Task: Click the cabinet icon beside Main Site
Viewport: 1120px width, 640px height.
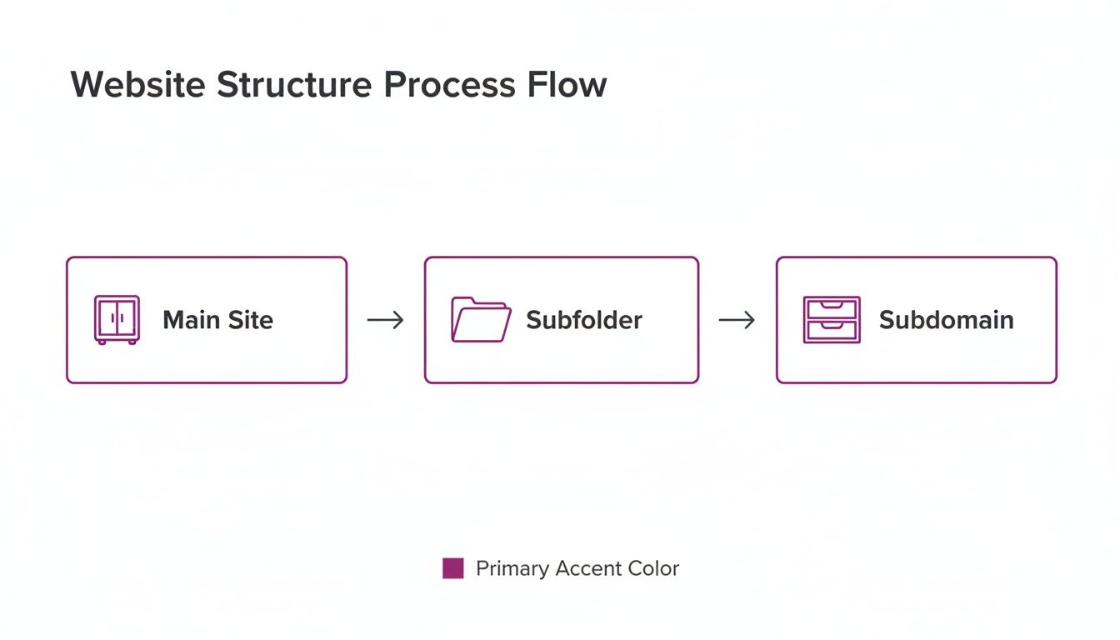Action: pos(117,320)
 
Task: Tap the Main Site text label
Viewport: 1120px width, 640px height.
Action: pos(217,320)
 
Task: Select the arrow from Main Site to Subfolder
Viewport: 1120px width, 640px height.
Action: pos(385,320)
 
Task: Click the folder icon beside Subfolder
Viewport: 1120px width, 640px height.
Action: pos(481,320)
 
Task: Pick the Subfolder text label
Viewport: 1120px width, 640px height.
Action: pos(584,320)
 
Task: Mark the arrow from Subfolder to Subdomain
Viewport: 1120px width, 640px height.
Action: pos(737,320)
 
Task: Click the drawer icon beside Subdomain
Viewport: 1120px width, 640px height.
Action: pos(831,320)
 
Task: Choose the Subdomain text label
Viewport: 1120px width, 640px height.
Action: pos(946,320)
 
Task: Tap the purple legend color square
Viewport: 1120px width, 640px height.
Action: pos(452,568)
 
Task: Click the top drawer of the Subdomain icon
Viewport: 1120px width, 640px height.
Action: pos(831,309)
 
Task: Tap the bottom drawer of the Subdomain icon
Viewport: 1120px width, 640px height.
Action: pos(831,331)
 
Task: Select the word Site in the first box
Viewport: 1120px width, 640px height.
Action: pos(251,320)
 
